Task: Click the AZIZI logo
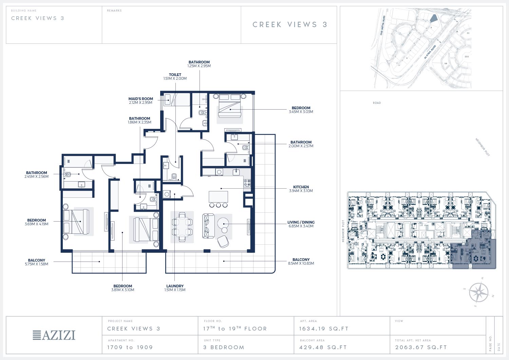tap(54, 335)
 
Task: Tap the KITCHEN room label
tap(301, 187)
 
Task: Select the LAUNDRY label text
tap(175, 286)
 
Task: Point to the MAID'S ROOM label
tap(141, 99)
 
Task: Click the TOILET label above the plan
tap(175, 75)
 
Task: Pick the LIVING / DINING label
tap(301, 222)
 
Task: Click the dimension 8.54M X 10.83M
tap(301, 263)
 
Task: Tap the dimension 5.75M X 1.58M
tap(37, 264)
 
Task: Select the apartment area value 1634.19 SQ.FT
tap(324, 329)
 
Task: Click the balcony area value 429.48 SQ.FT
tap(323, 347)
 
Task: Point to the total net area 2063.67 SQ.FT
tap(421, 347)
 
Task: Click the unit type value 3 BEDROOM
tap(224, 347)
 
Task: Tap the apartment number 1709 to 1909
tap(130, 347)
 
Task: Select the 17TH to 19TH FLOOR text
tap(235, 328)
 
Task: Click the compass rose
tap(478, 292)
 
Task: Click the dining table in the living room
tap(182, 227)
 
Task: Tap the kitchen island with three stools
tap(219, 199)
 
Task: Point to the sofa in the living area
tap(208, 226)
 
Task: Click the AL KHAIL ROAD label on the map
tap(430, 52)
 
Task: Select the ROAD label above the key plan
tap(377, 103)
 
